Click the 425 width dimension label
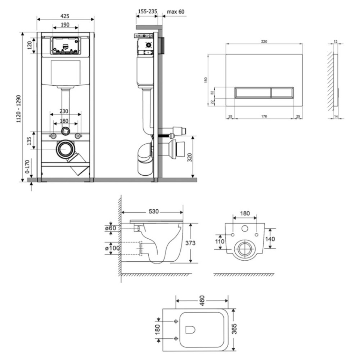65,16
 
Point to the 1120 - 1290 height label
19,109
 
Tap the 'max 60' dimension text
175,12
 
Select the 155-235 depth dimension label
148,11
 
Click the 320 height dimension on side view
190,157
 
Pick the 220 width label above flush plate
264,41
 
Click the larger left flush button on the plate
253,93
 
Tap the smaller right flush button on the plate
282,93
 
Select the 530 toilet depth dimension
154,211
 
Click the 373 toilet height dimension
190,243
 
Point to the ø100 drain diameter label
112,248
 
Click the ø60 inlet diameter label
111,228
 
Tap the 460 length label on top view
202,301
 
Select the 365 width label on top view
234,329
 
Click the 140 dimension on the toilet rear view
270,239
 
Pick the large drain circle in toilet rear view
245,248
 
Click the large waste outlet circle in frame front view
66,149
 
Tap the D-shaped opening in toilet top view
190,330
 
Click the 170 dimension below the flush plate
264,116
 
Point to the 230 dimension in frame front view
64,111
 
